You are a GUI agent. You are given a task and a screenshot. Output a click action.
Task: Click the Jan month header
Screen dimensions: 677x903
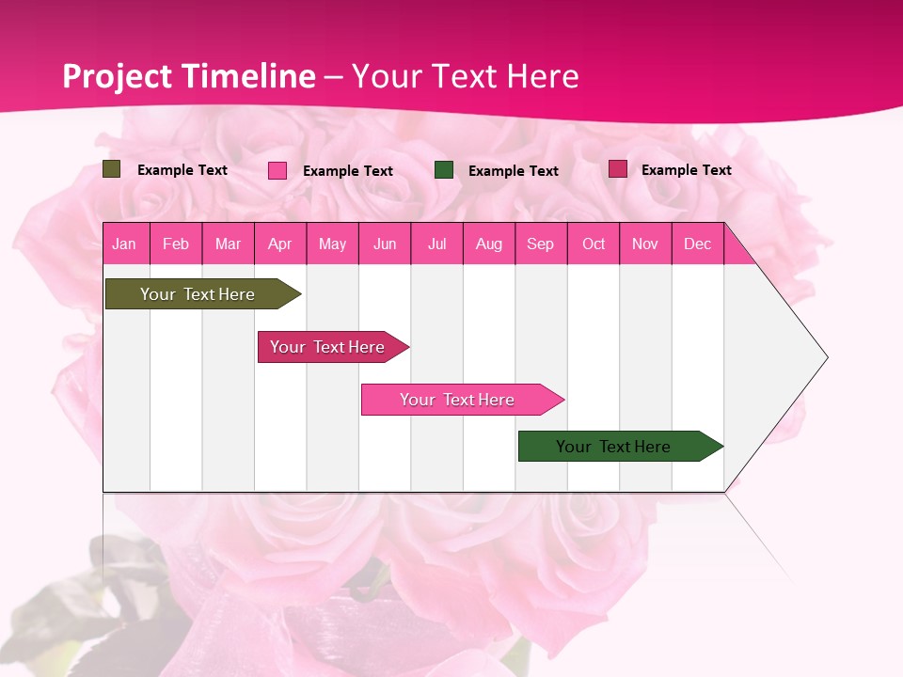tap(124, 244)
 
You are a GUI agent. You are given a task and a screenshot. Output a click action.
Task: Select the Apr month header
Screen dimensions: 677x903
tap(279, 244)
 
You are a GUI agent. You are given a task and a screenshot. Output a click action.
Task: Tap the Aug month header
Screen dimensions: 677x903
tap(488, 244)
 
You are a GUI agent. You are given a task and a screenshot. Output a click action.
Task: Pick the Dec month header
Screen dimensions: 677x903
tap(697, 244)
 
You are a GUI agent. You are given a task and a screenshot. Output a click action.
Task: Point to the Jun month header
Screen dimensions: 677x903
tap(384, 244)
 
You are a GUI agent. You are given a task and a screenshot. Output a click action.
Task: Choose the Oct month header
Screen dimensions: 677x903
tap(593, 244)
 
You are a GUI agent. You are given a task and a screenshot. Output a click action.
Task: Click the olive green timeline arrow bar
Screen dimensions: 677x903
tap(198, 294)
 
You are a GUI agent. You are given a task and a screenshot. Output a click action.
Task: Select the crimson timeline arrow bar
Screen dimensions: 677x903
tap(327, 347)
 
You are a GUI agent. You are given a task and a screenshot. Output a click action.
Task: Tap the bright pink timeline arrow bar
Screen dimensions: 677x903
tap(457, 400)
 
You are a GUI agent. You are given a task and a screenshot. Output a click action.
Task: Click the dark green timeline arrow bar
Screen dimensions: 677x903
tap(613, 447)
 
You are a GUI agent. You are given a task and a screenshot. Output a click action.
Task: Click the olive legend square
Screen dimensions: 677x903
tap(111, 169)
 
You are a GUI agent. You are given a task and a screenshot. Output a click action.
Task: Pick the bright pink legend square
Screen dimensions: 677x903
tap(277, 170)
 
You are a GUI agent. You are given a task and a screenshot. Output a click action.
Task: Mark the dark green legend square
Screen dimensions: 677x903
tap(444, 170)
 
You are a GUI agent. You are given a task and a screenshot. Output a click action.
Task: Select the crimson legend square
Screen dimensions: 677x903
tap(618, 169)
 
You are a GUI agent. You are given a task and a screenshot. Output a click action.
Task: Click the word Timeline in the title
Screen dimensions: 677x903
tap(247, 76)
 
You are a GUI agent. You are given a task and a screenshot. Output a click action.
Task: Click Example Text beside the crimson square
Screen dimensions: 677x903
tap(686, 170)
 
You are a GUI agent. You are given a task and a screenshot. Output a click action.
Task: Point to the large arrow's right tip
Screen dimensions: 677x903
tap(825, 357)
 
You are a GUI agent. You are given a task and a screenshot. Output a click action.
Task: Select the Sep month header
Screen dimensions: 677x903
tap(540, 244)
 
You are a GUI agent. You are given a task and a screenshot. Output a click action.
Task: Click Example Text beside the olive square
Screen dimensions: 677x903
tap(182, 170)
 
